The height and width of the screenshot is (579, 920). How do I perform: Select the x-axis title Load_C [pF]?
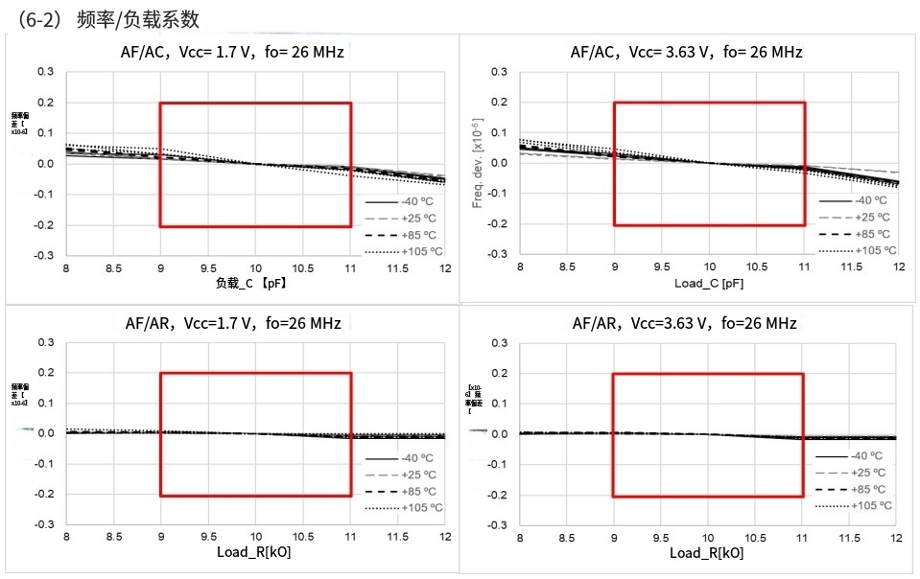(x=708, y=284)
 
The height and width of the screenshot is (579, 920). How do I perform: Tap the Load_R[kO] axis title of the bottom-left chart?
(x=254, y=553)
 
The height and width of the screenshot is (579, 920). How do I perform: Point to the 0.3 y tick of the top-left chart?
(x=45, y=72)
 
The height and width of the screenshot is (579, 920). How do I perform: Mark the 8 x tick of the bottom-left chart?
(x=65, y=539)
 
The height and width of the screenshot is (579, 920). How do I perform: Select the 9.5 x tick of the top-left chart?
(x=207, y=269)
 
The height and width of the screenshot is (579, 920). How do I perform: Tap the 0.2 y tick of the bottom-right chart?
(x=499, y=373)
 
